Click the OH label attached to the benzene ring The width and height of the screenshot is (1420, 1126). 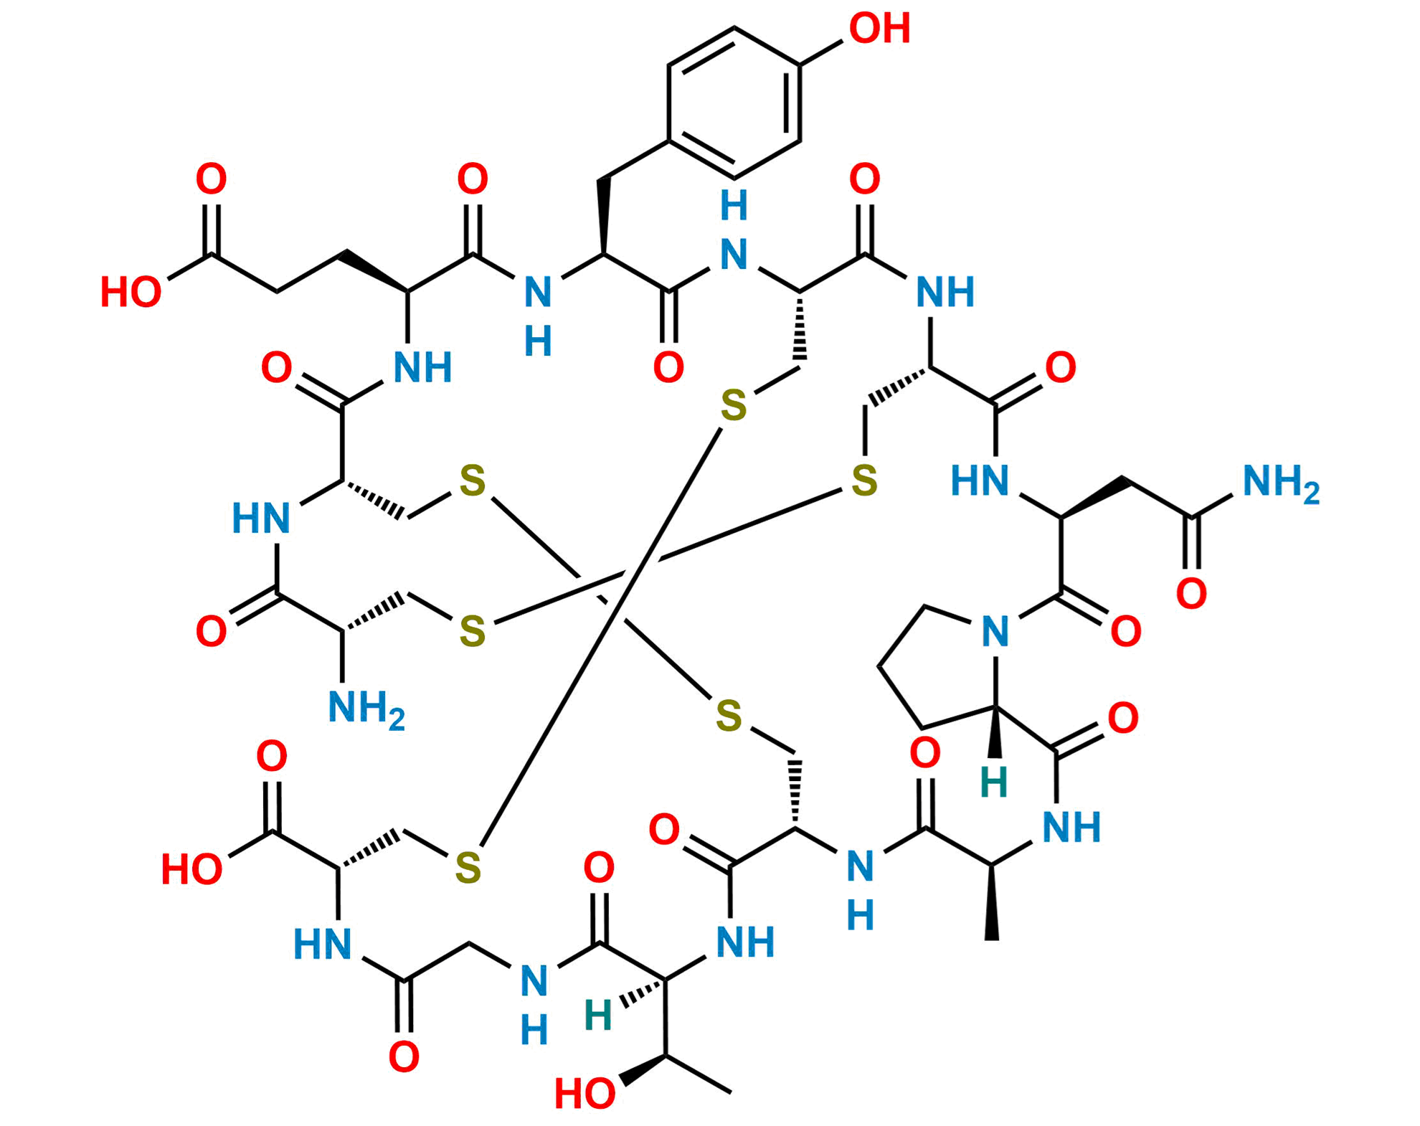tap(879, 29)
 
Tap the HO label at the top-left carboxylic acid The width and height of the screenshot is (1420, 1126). tap(131, 292)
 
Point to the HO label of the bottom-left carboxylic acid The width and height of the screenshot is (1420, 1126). tap(191, 869)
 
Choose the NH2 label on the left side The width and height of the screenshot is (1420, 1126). tap(366, 709)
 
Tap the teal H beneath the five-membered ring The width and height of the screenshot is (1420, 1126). tap(995, 781)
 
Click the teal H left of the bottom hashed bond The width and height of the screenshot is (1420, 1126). tap(598, 1015)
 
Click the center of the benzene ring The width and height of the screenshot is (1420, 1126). tap(733, 102)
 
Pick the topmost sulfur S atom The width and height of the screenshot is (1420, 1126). tap(733, 406)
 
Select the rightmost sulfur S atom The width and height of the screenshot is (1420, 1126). tap(864, 479)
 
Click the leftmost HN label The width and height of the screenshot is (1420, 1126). tap(260, 518)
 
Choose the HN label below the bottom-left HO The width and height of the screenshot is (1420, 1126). tap(322, 944)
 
